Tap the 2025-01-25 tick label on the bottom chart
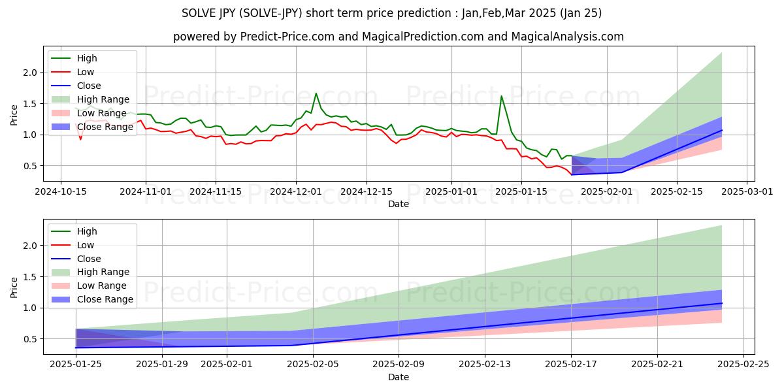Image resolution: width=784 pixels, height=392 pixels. (x=76, y=364)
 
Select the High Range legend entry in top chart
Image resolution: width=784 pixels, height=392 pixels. (x=105, y=99)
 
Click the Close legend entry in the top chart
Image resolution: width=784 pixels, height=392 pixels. (x=89, y=86)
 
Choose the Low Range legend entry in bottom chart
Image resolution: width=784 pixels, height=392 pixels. (x=104, y=286)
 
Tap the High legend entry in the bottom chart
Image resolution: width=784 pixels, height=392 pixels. (x=87, y=231)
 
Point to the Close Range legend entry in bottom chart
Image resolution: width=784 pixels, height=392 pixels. (x=105, y=299)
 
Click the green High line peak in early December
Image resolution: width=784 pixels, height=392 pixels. (x=316, y=93)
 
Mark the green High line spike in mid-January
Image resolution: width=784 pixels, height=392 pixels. (x=501, y=96)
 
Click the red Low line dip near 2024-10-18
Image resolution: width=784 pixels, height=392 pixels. (x=80, y=139)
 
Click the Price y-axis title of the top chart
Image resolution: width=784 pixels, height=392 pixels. (x=14, y=114)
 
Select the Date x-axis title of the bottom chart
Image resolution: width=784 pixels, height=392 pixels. (x=399, y=377)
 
